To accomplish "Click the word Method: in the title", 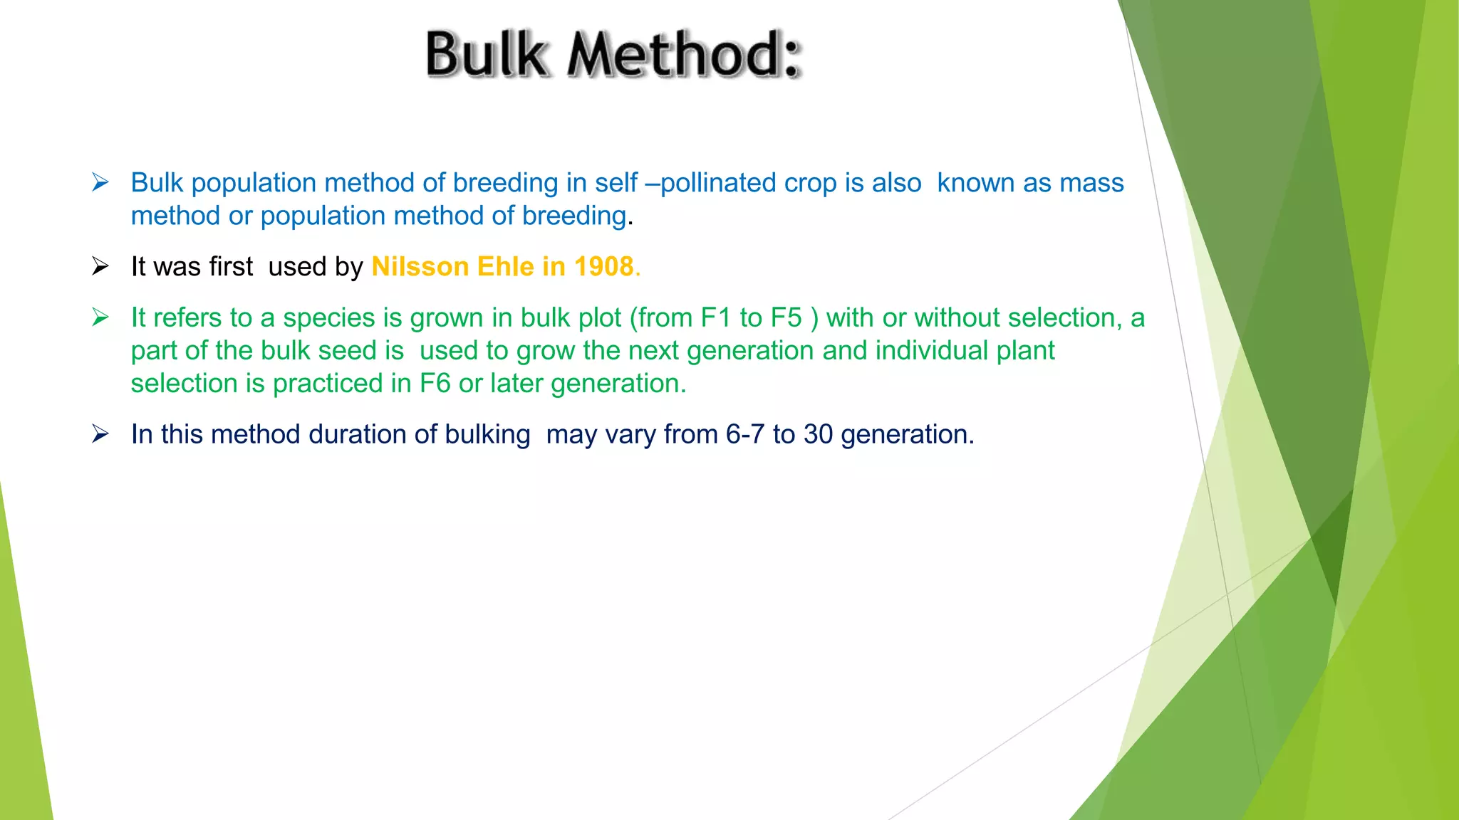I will coord(684,55).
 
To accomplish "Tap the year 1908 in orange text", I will coord(603,267).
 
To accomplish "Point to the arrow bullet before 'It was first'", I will coord(100,267).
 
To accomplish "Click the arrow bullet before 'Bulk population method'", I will coord(100,183).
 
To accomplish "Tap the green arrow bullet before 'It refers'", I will coord(100,317).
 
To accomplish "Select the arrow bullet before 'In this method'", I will coord(100,434).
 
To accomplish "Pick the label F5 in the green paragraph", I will coord(786,318).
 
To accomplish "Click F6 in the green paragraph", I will coord(435,384).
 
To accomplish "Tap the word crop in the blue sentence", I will coord(811,184).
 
